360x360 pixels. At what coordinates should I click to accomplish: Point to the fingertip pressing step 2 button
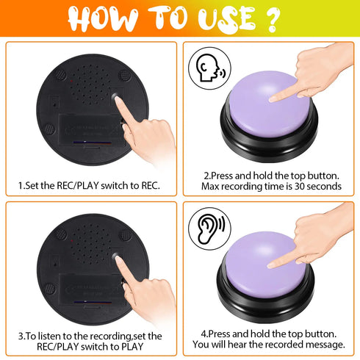tap(273, 98)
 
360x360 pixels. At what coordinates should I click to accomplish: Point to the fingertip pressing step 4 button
tap(271, 263)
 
